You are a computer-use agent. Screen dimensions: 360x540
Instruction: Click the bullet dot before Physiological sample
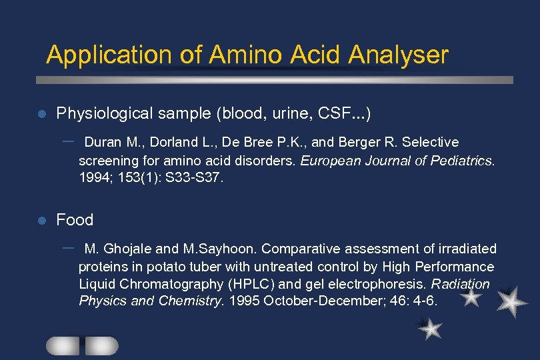[x=41, y=114]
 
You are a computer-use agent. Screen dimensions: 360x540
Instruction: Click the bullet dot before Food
[x=41, y=220]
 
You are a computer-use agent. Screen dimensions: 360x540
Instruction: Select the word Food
[x=75, y=220]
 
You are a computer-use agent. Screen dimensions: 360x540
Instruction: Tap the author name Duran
[x=102, y=143]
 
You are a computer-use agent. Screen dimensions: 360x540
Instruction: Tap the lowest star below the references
[x=430, y=329]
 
